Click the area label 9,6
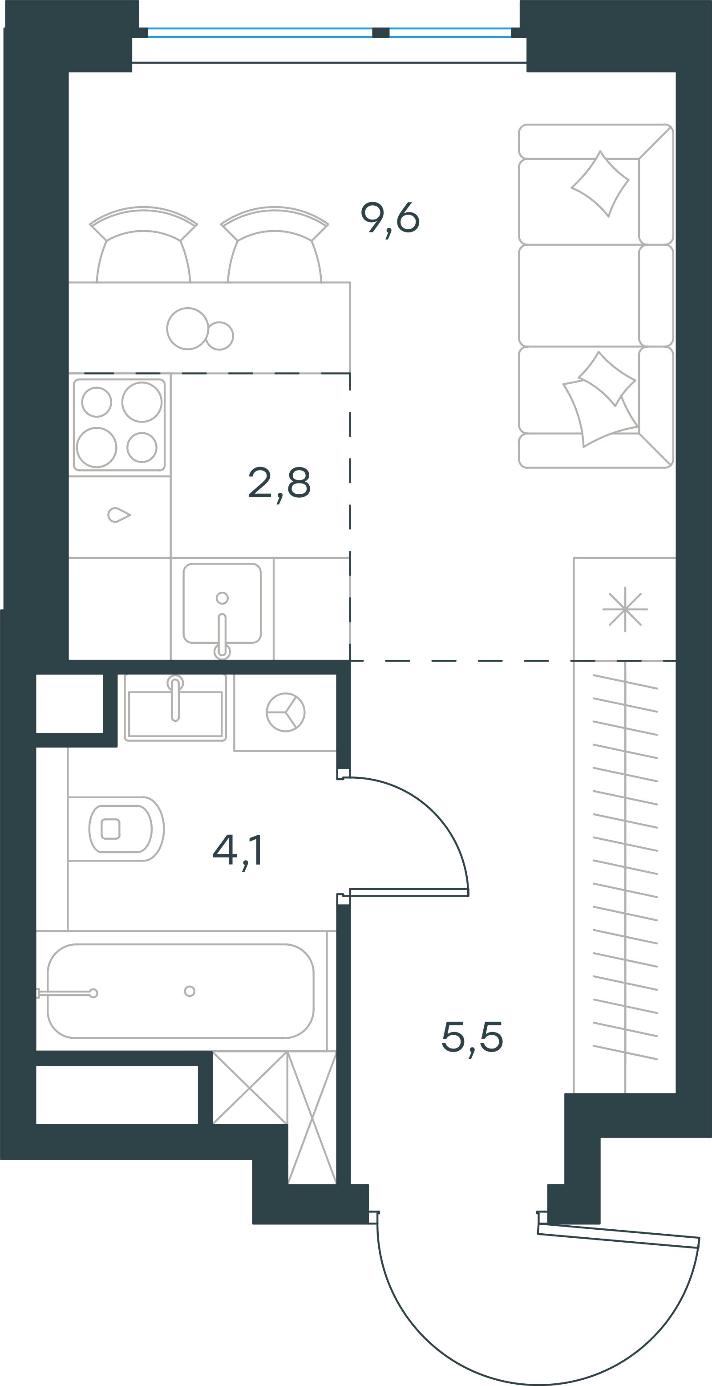(390, 219)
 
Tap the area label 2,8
(279, 483)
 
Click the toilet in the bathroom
(116, 829)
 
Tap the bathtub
(181, 991)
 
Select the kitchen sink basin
(222, 603)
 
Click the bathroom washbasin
(175, 709)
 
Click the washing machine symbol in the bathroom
(286, 712)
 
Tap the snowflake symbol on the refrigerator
(625, 609)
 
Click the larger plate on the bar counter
(187, 328)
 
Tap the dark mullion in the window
(381, 33)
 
